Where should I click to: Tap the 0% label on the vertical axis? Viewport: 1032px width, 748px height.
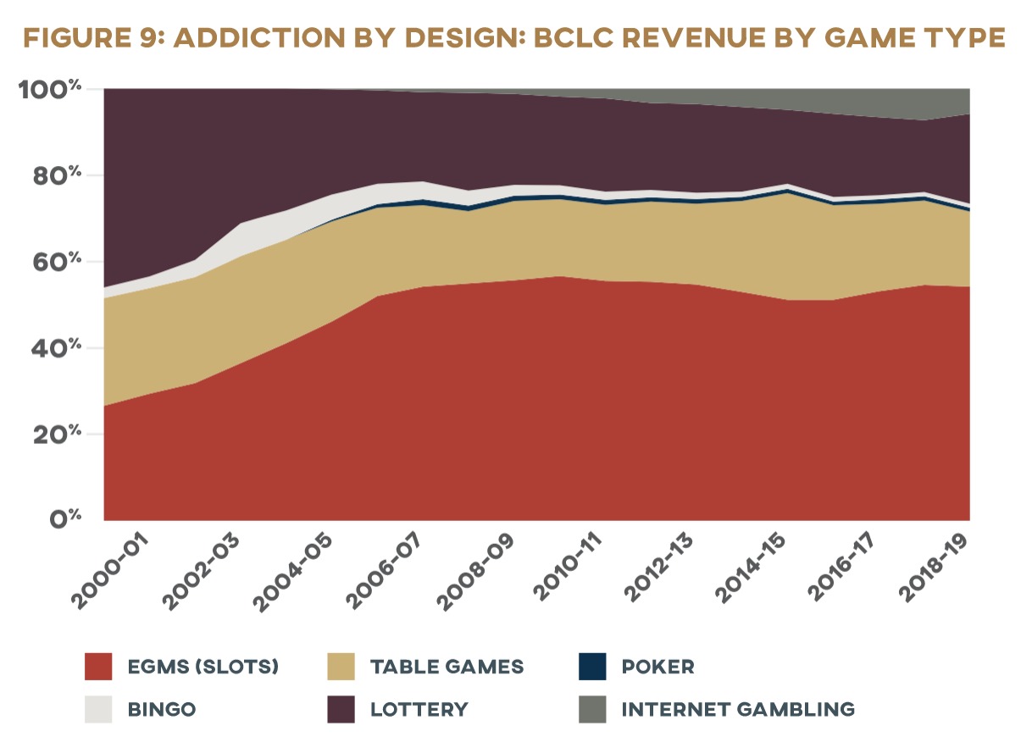[x=67, y=519]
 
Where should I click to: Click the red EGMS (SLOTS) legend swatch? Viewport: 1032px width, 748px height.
[x=98, y=666]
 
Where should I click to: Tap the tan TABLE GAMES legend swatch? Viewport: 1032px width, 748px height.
[x=341, y=666]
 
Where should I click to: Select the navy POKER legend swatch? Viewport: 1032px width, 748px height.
[x=593, y=666]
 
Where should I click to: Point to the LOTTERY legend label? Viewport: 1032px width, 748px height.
[x=419, y=709]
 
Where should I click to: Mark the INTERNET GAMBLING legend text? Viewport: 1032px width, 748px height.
[x=738, y=709]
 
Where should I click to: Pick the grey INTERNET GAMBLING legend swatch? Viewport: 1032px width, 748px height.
[x=593, y=709]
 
